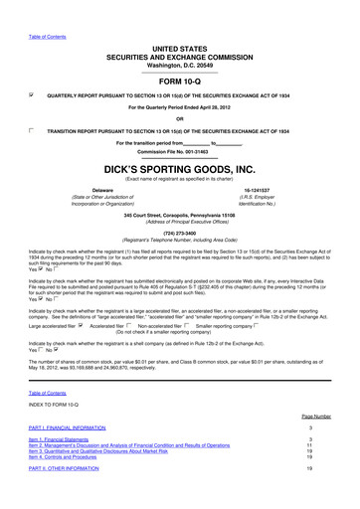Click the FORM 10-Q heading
pyautogui.click(x=180, y=82)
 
